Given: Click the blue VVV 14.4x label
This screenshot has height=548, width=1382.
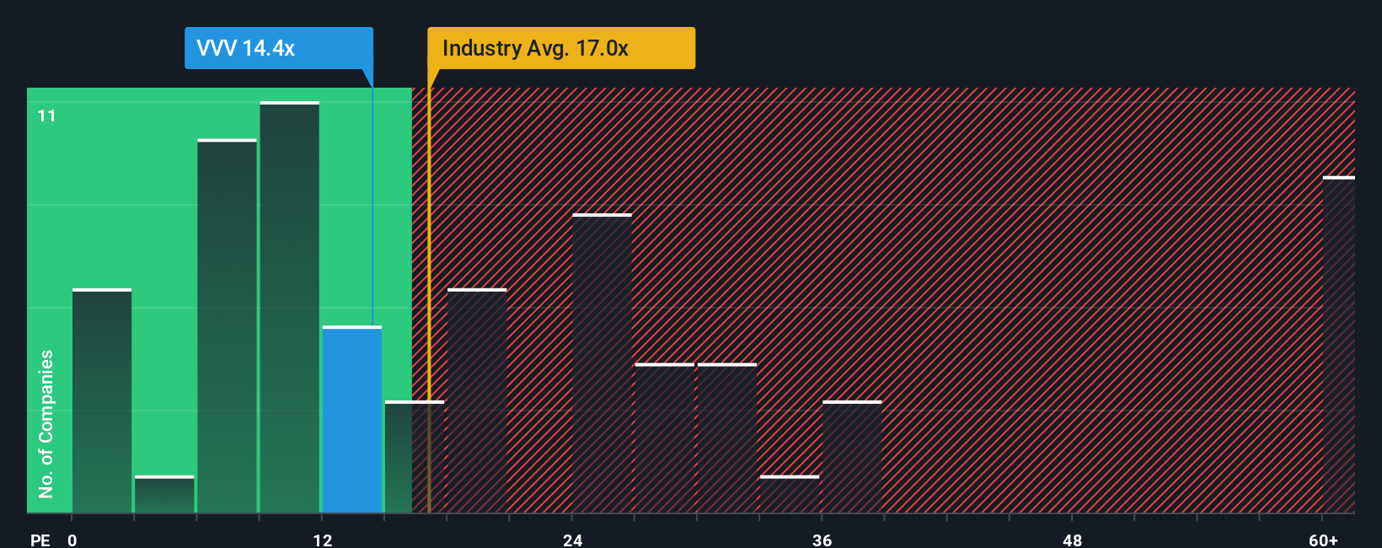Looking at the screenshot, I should (x=278, y=48).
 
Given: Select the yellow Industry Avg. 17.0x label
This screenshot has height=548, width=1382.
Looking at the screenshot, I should (x=560, y=48).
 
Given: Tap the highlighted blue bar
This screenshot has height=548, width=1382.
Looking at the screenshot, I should (x=352, y=419).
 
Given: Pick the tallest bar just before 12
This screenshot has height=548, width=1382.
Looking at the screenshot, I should (x=290, y=308).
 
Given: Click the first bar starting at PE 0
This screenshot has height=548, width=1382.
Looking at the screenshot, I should (x=102, y=400).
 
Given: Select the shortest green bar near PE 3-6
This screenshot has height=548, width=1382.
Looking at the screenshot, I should (x=164, y=495).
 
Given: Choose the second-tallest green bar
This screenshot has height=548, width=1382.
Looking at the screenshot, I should (x=228, y=326).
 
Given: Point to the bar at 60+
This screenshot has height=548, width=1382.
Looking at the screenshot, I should (x=1338, y=345).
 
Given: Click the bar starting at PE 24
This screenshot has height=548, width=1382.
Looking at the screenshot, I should (x=602, y=363).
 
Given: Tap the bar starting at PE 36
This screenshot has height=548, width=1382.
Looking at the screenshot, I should (x=852, y=457).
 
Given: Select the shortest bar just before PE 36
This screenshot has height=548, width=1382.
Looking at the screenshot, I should (x=790, y=495).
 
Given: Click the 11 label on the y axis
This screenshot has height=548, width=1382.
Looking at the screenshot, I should (x=46, y=116).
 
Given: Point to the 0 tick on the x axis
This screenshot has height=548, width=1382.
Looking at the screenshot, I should (x=72, y=540).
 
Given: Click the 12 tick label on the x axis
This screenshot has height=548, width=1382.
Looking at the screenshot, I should (x=323, y=540).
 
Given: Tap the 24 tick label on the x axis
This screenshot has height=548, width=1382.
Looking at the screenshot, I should (x=573, y=540).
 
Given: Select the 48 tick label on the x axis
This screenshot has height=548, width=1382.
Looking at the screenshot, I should (x=1072, y=540).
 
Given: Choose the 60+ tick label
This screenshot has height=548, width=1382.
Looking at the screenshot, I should (x=1323, y=540).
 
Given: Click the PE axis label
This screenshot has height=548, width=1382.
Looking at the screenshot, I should (x=40, y=540).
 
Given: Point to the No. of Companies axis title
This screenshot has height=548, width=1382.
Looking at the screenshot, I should (x=46, y=423).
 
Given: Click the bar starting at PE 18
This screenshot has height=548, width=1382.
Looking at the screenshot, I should (x=477, y=400).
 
